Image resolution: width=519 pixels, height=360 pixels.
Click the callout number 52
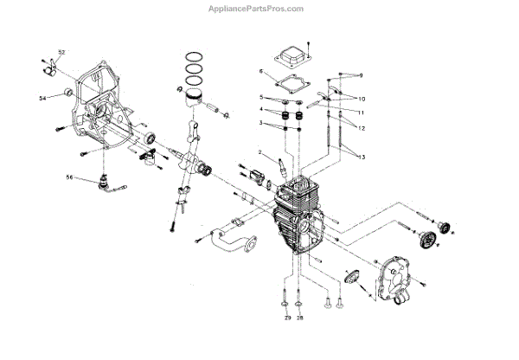point(61,53)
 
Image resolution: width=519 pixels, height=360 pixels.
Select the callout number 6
point(259,72)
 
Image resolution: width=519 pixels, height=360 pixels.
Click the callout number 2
point(259,153)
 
